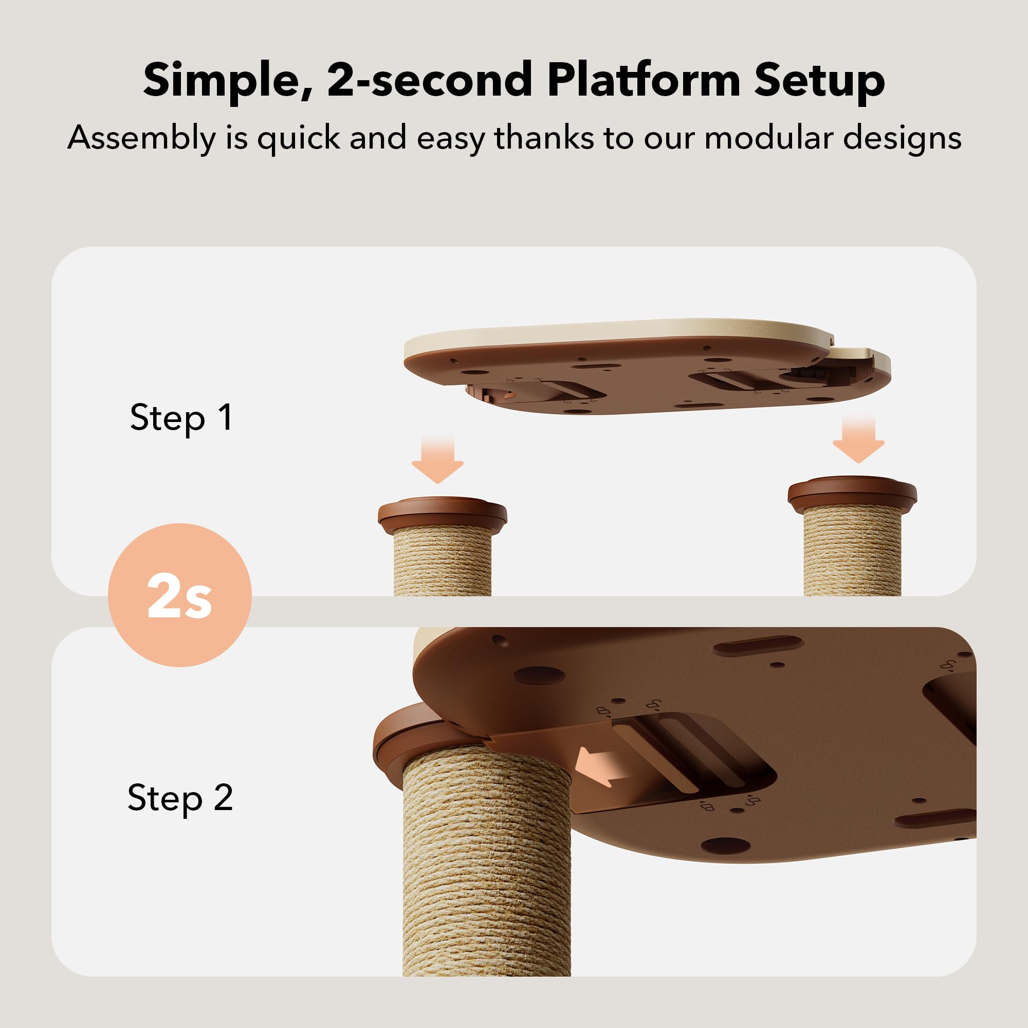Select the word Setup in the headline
pyautogui.click(x=819, y=80)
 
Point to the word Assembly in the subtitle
pyautogui.click(x=141, y=138)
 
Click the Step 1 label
pyautogui.click(x=181, y=418)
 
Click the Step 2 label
pyautogui.click(x=180, y=798)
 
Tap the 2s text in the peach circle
pyautogui.click(x=179, y=595)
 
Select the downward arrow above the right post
pyautogui.click(x=858, y=438)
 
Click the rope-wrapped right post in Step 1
pyautogui.click(x=852, y=550)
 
